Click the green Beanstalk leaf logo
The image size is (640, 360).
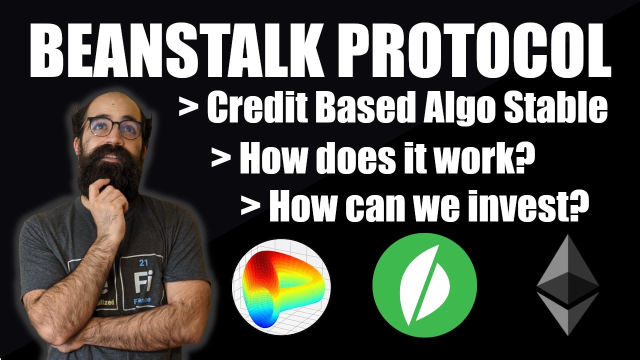pos(424,284)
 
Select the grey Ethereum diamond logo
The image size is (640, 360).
pos(567,284)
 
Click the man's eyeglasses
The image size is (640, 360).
pos(112,127)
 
